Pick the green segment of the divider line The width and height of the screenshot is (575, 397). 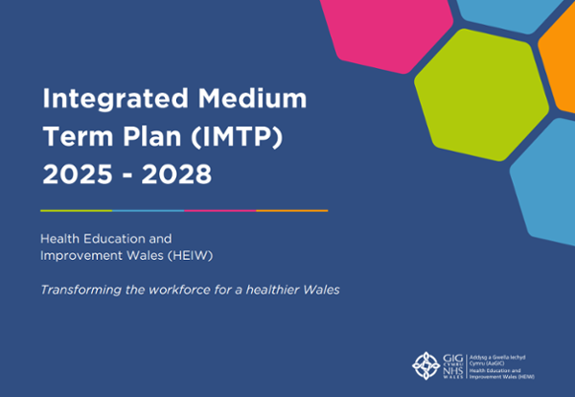tap(76, 210)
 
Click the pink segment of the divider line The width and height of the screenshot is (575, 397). tap(219, 210)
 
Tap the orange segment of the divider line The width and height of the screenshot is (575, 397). tap(291, 210)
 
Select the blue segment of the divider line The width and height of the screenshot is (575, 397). tap(148, 210)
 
